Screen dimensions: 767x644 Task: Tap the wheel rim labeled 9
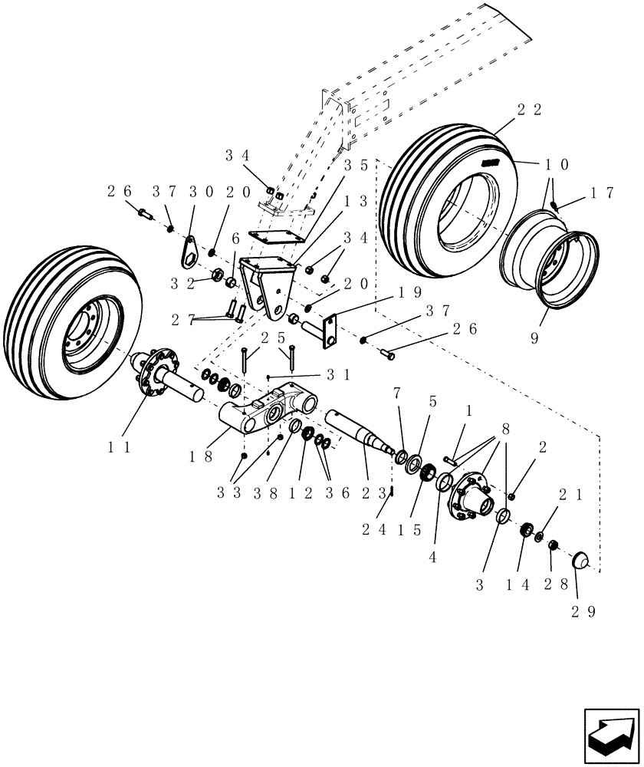[546, 261]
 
